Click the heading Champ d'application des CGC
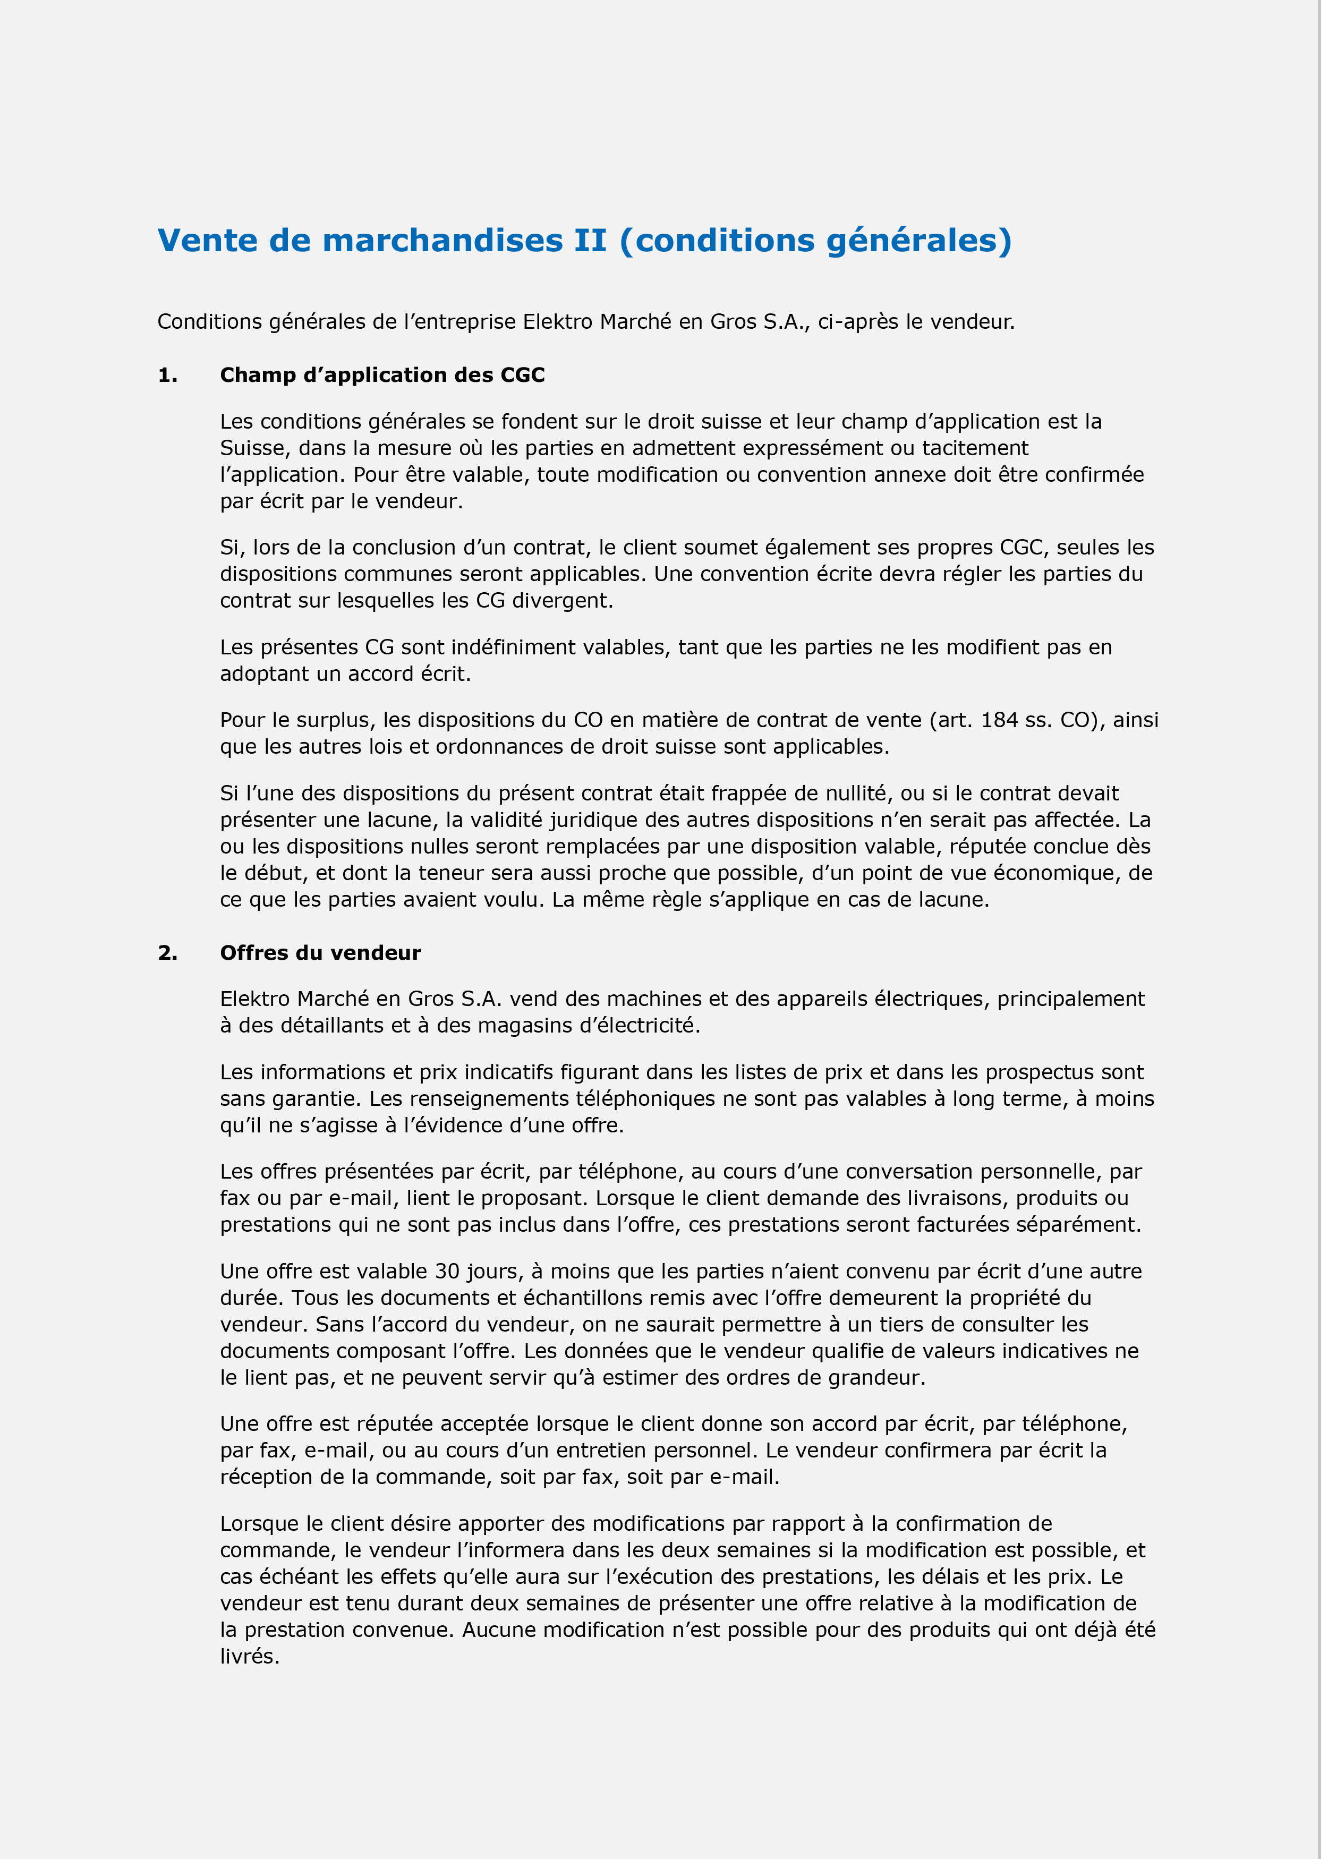tap(382, 375)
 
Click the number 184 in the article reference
tap(1005, 720)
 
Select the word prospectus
tap(1049, 1072)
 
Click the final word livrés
tap(250, 1656)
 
